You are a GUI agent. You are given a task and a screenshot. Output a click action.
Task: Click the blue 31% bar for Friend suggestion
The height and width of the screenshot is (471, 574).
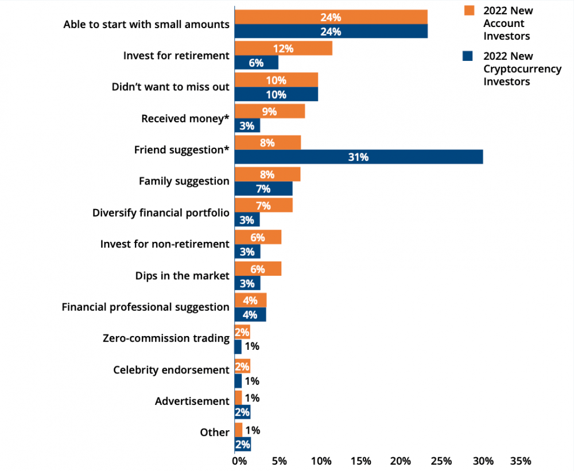[359, 157]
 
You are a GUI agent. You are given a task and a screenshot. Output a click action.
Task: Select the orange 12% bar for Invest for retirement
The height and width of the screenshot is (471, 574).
[284, 48]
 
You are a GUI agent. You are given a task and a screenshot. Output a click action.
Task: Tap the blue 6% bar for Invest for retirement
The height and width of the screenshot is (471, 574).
[256, 63]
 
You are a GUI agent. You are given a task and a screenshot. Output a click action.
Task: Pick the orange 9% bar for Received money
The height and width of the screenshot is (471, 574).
[270, 111]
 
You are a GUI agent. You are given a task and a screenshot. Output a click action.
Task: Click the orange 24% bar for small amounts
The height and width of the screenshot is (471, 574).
[331, 17]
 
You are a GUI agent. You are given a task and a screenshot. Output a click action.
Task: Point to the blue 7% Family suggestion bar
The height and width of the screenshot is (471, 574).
[263, 188]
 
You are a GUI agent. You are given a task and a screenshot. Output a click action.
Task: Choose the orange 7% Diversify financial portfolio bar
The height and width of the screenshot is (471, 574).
[263, 205]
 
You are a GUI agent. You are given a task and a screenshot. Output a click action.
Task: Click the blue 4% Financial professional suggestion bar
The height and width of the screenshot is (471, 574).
[250, 315]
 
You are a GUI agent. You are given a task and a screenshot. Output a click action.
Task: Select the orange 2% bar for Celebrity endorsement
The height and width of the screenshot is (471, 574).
[242, 366]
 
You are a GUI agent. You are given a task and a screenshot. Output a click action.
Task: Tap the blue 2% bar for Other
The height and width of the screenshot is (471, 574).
[243, 444]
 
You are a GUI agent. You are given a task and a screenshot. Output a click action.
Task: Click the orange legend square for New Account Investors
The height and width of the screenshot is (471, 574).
[469, 10]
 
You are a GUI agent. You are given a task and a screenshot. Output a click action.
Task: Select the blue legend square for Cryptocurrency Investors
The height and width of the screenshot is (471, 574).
[467, 56]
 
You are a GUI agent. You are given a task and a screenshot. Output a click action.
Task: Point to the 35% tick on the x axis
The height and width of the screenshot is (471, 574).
[521, 461]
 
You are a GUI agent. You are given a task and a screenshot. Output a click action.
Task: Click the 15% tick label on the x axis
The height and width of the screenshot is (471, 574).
[361, 461]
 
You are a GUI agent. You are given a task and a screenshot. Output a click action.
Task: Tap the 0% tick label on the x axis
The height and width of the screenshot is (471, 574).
[239, 461]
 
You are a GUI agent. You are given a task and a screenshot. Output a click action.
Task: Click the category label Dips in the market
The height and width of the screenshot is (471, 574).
[183, 276]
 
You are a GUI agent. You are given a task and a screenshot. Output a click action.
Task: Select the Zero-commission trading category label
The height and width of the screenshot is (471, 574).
[166, 338]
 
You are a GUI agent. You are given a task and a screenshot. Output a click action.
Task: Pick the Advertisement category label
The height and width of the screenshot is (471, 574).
[192, 401]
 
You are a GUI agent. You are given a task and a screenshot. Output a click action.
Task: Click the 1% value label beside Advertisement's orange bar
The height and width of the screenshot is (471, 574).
[252, 397]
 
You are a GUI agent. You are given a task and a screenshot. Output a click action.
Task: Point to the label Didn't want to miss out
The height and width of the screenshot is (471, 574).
[170, 87]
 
